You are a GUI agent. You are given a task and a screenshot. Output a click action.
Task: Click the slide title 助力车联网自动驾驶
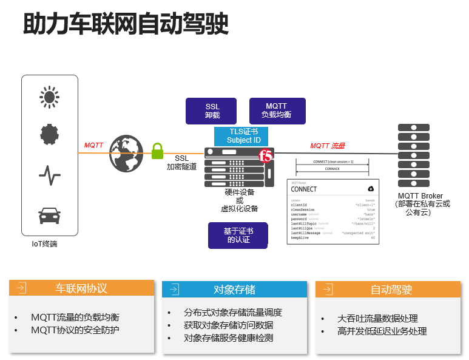[126, 25]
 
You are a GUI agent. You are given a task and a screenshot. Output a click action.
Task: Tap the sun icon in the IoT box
[50, 97]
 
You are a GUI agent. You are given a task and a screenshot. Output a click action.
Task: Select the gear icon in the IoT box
[50, 134]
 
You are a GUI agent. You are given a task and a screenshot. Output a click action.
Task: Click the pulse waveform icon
[50, 175]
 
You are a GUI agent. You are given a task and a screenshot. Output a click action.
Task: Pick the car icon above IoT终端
[50, 215]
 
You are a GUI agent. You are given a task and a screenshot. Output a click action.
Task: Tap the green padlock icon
[158, 150]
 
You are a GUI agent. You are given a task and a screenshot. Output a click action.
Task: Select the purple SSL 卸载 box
[212, 110]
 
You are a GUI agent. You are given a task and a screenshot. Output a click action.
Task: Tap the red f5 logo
[266, 156]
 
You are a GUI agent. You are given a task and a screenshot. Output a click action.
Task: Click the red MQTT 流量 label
[328, 146]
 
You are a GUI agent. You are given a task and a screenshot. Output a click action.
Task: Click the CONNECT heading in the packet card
[304, 189]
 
